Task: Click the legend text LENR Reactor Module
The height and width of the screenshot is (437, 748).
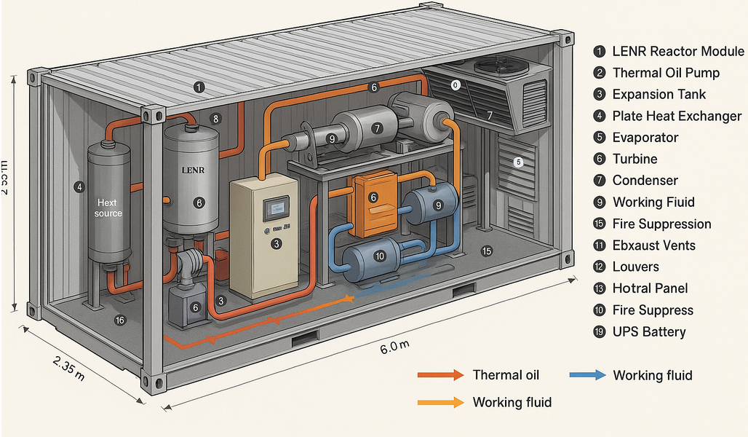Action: tap(668, 51)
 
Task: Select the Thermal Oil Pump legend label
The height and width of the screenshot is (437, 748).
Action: tap(666, 73)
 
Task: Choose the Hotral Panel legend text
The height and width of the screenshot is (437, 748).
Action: tap(650, 288)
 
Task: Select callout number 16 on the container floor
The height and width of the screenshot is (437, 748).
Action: tap(119, 320)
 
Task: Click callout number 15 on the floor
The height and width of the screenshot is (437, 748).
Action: tap(487, 251)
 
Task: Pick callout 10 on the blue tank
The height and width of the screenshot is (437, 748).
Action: tap(378, 256)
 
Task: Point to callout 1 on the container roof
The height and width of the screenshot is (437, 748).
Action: tap(199, 87)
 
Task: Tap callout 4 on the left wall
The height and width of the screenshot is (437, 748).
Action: tap(78, 186)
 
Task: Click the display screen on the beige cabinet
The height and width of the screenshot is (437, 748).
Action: tap(275, 206)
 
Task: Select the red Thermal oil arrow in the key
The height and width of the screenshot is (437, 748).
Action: tap(440, 375)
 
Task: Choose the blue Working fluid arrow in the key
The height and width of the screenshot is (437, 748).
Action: tap(589, 375)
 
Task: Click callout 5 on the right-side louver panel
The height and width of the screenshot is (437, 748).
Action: tap(518, 162)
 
